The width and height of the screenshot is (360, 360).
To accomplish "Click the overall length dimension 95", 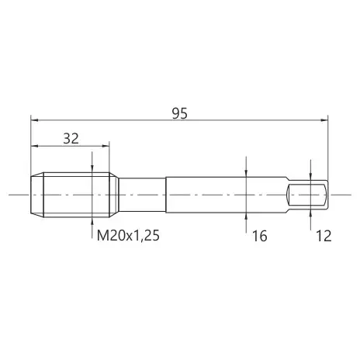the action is click(180, 113).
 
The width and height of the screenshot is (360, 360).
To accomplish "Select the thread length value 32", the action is click(71, 139).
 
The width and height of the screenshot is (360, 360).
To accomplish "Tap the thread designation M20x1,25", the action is click(128, 236).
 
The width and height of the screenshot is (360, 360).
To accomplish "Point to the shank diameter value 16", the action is click(259, 236).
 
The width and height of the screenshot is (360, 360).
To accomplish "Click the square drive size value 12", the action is click(324, 236).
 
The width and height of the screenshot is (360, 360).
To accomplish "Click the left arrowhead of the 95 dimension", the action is click(34, 120).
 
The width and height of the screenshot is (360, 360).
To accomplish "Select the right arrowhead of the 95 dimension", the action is click(324, 120).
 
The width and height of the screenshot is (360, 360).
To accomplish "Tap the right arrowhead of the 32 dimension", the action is click(106, 146).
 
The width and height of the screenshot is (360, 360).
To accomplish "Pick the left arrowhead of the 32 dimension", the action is click(34, 146).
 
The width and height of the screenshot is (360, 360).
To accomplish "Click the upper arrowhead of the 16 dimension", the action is click(246, 173).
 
